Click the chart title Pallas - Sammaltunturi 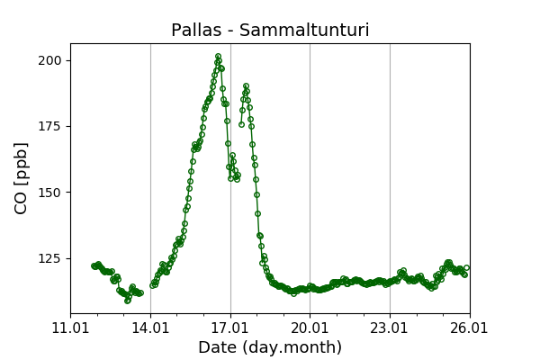click(270, 31)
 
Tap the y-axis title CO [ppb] click(22, 178)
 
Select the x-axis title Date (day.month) click(270, 347)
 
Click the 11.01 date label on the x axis click(70, 328)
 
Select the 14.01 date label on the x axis click(150, 328)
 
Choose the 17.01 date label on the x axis click(230, 328)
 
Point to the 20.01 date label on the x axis click(310, 328)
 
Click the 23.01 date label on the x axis click(390, 328)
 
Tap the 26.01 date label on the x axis click(470, 328)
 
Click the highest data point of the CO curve click(218, 56)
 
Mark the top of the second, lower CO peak click(246, 86)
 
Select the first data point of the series click(94, 265)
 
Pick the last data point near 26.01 click(466, 267)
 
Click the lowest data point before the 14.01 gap click(127, 301)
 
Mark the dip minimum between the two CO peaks click(236, 179)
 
